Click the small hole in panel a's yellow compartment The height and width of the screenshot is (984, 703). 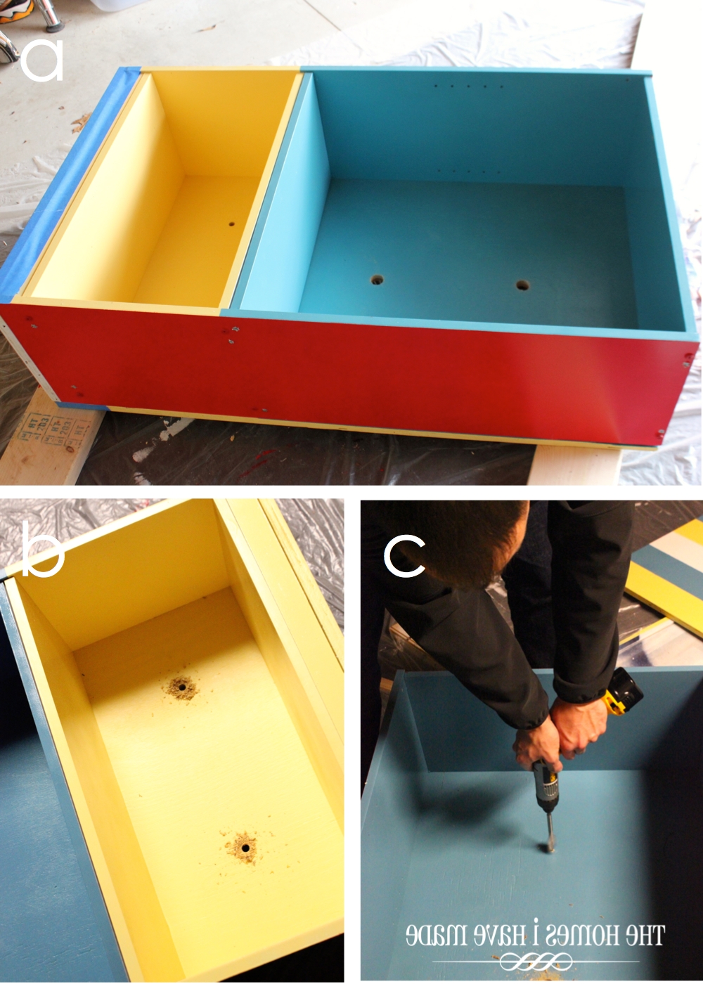coord(231,225)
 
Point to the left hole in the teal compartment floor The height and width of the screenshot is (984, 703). coord(378,280)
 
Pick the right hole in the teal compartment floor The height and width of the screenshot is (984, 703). coord(522,285)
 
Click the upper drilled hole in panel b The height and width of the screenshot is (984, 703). coord(181,687)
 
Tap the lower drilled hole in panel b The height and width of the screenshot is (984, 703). coord(245,848)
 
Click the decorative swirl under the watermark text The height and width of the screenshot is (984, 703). coord(534,961)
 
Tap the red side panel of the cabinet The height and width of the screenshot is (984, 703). coord(351,373)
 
